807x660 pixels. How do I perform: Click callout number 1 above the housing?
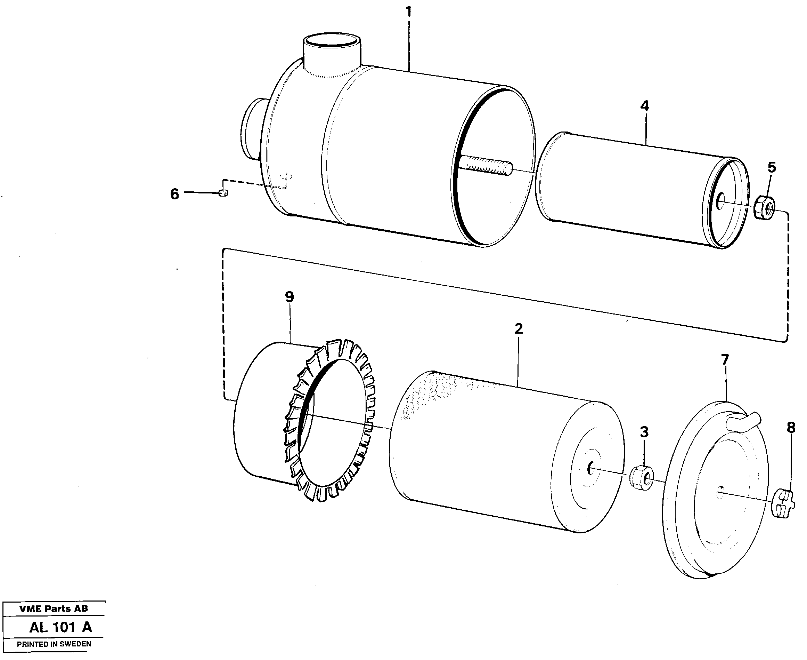tap(409, 13)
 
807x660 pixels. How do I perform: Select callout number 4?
tap(645, 106)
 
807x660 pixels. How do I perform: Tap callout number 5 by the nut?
tap(772, 167)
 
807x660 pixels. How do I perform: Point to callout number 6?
tap(174, 194)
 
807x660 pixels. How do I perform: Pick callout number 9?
tap(290, 297)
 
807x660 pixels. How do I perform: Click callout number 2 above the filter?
tap(519, 328)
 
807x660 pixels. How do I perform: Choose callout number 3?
tap(644, 432)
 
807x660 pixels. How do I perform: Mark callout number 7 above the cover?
tap(725, 360)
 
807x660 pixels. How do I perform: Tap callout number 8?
tap(791, 428)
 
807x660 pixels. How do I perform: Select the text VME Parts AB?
tap(54, 609)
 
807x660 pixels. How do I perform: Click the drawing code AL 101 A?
tap(60, 627)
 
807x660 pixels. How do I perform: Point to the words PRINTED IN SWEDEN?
tap(54, 644)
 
